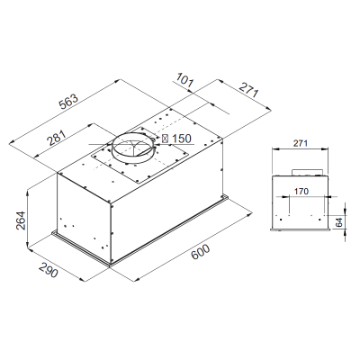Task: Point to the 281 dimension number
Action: (x=55, y=139)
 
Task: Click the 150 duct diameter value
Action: (x=182, y=139)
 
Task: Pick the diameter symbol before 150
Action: (x=165, y=139)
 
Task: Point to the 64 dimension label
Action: (x=338, y=221)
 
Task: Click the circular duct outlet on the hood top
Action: (x=133, y=149)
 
